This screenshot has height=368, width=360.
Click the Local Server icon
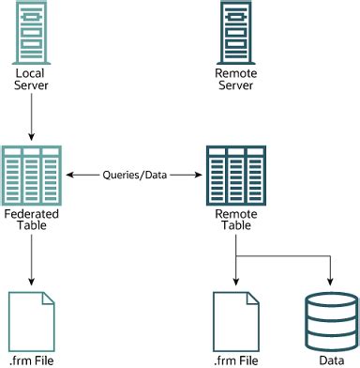(x=32, y=30)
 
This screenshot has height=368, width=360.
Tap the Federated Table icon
(x=32, y=175)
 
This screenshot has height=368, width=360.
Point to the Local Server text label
(x=32, y=79)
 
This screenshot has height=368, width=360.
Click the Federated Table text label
(x=32, y=222)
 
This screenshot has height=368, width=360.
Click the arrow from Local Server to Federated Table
(x=32, y=117)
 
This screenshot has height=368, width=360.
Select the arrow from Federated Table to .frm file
(x=32, y=258)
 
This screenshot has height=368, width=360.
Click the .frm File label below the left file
(x=32, y=359)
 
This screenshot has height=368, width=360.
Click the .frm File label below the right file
(x=235, y=359)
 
